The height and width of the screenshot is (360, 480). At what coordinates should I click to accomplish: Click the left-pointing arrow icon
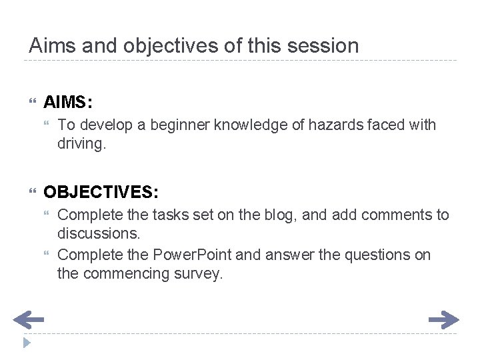tap(28, 321)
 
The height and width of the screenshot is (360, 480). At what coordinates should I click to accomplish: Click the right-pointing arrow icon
tap(443, 321)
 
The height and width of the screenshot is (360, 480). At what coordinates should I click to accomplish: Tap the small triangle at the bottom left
tap(26, 344)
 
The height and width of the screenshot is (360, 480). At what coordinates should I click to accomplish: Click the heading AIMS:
tap(68, 103)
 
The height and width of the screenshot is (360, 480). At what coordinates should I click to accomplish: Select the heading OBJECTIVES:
tap(101, 193)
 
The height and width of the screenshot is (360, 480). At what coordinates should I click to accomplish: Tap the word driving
tap(80, 143)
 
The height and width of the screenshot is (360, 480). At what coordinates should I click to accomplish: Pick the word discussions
tap(99, 233)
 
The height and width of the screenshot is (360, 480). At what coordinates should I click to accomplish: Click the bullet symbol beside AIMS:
tap(33, 103)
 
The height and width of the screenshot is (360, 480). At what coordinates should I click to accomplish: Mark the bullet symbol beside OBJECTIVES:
tap(33, 193)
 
